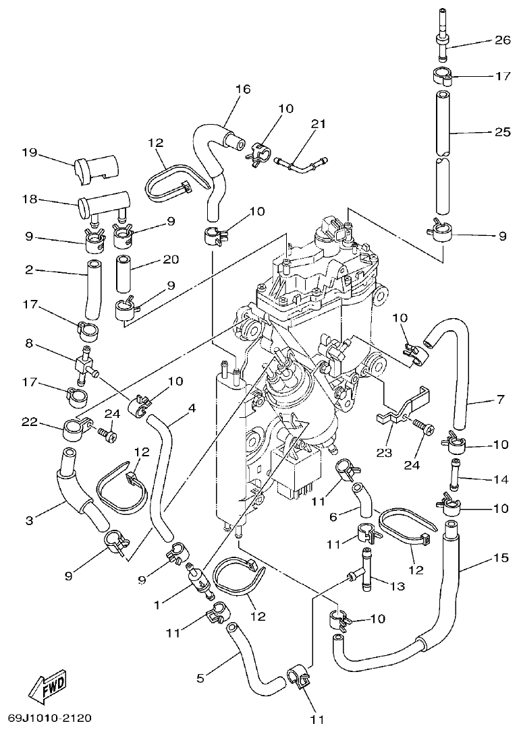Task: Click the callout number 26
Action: (503, 40)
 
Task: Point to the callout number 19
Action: (28, 153)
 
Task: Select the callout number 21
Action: (319, 124)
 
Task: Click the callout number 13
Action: (397, 586)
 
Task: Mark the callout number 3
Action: (29, 520)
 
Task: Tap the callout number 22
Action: (28, 422)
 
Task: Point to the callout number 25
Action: (503, 131)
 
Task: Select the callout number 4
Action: (192, 408)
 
